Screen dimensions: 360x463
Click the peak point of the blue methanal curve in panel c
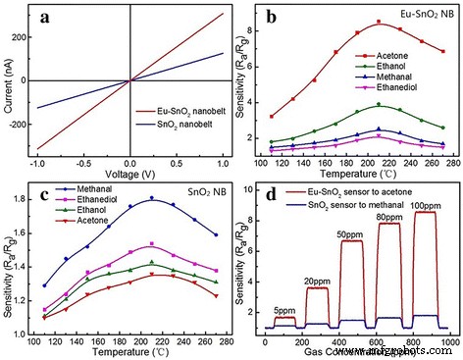151,198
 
